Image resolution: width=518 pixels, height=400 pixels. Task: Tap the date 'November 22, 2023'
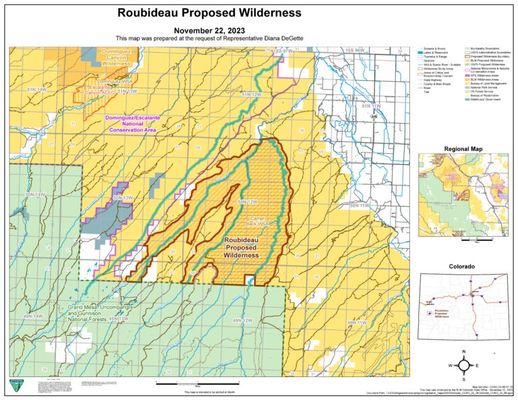pyautogui.click(x=206, y=30)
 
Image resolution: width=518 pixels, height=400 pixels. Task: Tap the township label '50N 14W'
pyautogui.click(x=35, y=194)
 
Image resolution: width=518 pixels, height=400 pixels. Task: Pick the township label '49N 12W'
pyautogui.click(x=243, y=320)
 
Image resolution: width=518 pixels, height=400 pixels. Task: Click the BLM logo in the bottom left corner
pyautogui.click(x=16, y=386)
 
